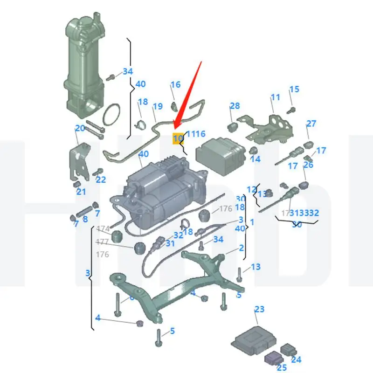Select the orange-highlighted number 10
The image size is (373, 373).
(x=178, y=138)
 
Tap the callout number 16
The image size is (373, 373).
(x=175, y=85)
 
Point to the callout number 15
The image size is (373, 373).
(x=294, y=90)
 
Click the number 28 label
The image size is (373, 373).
(x=235, y=106)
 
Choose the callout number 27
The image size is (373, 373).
(x=311, y=124)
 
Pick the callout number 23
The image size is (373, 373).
(x=259, y=309)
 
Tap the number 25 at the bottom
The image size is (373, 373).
(x=281, y=368)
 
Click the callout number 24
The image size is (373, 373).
(x=297, y=359)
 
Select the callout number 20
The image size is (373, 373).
(x=80, y=128)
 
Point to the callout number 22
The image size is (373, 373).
(x=101, y=180)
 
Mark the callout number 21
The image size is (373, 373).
(x=81, y=192)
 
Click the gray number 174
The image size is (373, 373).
(x=103, y=229)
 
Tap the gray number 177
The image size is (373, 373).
(x=103, y=242)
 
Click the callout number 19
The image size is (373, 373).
(x=158, y=106)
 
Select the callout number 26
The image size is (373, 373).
(x=308, y=165)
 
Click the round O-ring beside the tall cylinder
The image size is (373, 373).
(x=111, y=116)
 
